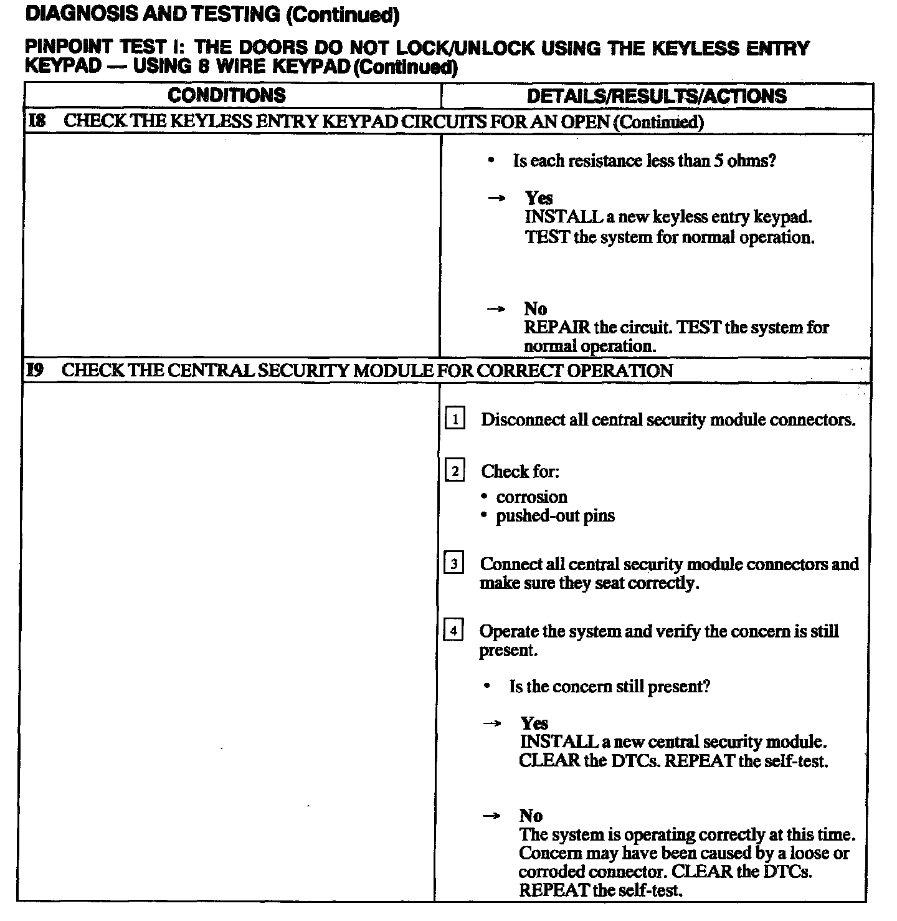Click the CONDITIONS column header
(227, 95)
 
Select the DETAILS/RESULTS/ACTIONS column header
(657, 96)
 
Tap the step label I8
(37, 121)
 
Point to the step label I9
(35, 370)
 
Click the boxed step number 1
(455, 419)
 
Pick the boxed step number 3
(454, 564)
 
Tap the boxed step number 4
(453, 631)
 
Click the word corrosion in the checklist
(532, 497)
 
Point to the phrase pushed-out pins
(555, 516)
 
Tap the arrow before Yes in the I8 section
(496, 198)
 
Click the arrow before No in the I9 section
(492, 816)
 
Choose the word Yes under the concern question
(534, 723)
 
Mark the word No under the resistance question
(535, 308)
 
